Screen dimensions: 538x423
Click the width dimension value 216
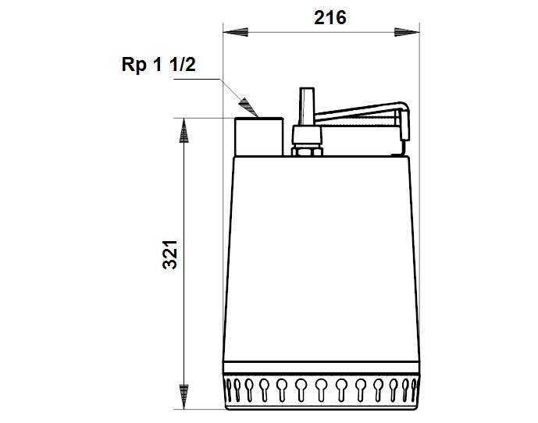330,18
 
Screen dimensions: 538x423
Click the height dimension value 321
170,254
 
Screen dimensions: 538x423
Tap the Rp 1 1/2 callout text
159,64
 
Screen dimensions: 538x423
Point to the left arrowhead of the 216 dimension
235,32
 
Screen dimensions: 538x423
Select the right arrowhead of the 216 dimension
407,32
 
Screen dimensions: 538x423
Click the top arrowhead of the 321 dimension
184,130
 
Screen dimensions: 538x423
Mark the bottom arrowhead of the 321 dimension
184,397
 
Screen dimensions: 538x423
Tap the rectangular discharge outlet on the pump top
259,137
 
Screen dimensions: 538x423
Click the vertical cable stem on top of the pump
307,106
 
